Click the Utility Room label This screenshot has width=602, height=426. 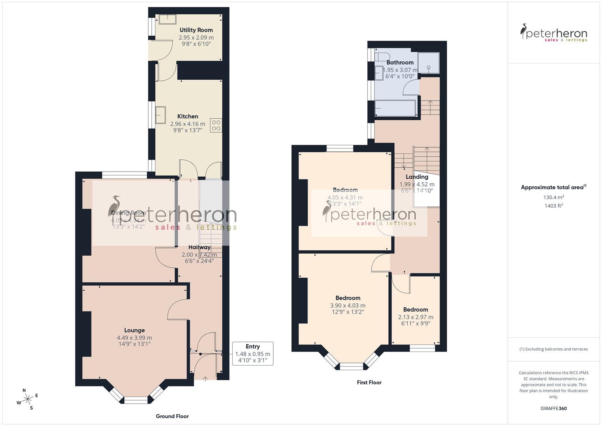(x=196, y=30)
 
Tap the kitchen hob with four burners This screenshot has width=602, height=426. (x=216, y=125)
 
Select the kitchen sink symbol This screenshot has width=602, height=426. (x=161, y=115)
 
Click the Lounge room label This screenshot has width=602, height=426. (x=134, y=330)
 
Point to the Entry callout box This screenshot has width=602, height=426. (x=253, y=353)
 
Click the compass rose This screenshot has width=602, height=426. (x=28, y=399)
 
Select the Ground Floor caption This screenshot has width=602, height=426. (x=172, y=416)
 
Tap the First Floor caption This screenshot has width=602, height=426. (x=369, y=382)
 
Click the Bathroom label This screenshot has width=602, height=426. (x=400, y=62)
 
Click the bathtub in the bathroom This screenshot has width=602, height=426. (x=395, y=108)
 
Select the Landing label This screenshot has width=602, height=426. (x=417, y=177)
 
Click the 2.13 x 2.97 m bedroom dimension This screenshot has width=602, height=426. (x=416, y=317)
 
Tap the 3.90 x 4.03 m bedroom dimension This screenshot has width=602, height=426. (x=348, y=305)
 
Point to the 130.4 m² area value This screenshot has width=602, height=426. (x=554, y=197)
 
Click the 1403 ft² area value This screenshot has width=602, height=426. (x=554, y=206)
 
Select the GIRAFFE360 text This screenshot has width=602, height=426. (x=554, y=409)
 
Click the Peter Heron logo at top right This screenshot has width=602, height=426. (x=554, y=33)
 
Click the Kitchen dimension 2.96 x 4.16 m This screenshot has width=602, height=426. (x=188, y=124)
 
